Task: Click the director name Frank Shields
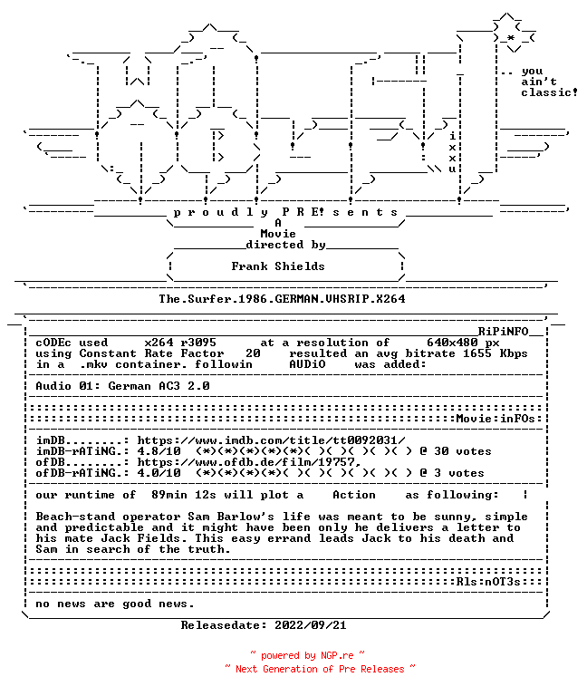pyautogui.click(x=278, y=266)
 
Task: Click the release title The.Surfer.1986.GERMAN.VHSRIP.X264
pyautogui.click(x=283, y=299)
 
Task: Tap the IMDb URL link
pyautogui.click(x=271, y=440)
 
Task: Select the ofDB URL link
pyautogui.click(x=248, y=462)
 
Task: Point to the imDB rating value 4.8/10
pyautogui.click(x=159, y=451)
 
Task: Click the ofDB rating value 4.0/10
pyautogui.click(x=159, y=473)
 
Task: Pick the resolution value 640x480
pyautogui.click(x=452, y=343)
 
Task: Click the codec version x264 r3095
pyautogui.click(x=180, y=343)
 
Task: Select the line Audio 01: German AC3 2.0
pyautogui.click(x=122, y=386)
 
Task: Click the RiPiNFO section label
pyautogui.click(x=503, y=332)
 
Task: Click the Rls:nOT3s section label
pyautogui.click(x=488, y=582)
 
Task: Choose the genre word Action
pyautogui.click(x=354, y=495)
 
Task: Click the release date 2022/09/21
pyautogui.click(x=310, y=625)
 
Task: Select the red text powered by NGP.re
pyautogui.click(x=307, y=655)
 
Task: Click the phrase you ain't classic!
pyautogui.click(x=549, y=82)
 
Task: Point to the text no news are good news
pyautogui.click(x=115, y=604)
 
